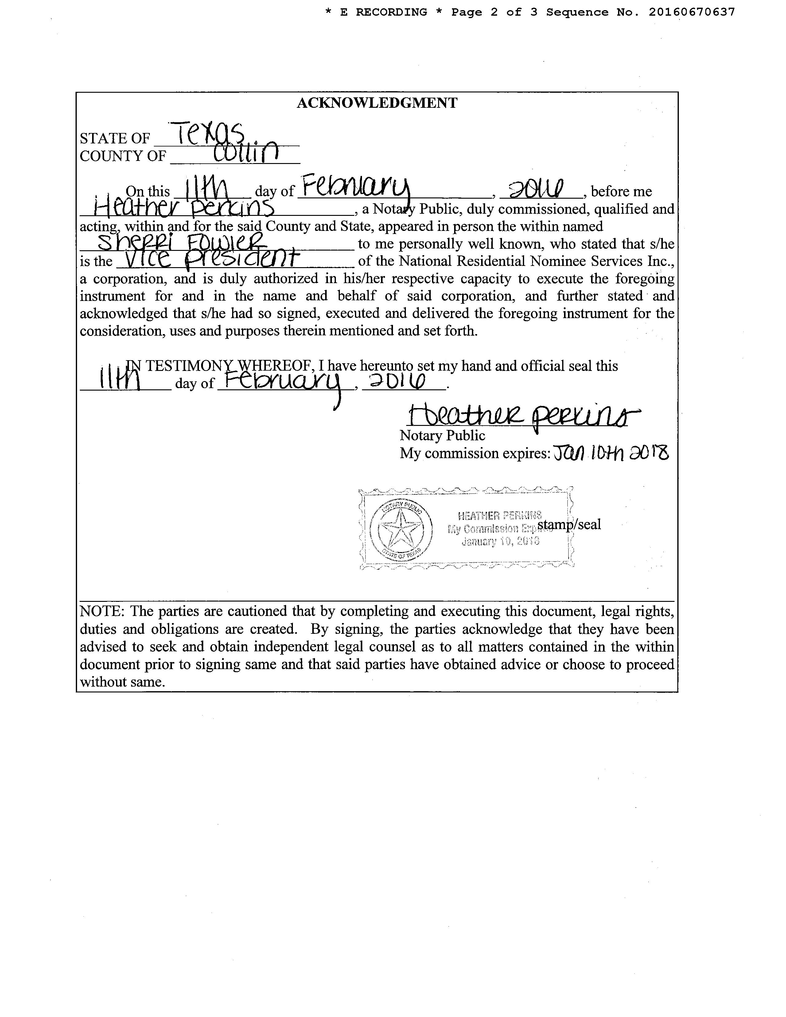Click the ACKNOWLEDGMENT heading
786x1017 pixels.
pyautogui.click(x=377, y=103)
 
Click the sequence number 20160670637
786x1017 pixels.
pyautogui.click(x=691, y=12)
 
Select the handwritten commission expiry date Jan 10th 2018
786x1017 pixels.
pyautogui.click(x=610, y=453)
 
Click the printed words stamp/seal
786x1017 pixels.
pyautogui.click(x=569, y=524)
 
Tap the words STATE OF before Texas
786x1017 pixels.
pyautogui.click(x=115, y=138)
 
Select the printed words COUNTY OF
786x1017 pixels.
pyautogui.click(x=123, y=156)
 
